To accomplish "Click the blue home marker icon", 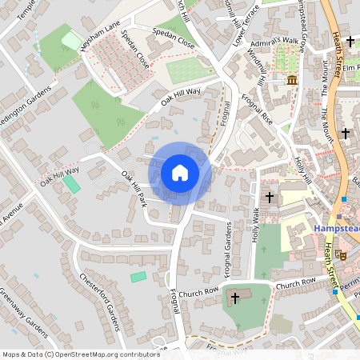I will pyautogui.click(x=180, y=172).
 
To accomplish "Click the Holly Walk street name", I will pyautogui.click(x=256, y=224).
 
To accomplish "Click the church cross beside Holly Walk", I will pyautogui.click(x=270, y=196).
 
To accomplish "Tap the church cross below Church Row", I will pyautogui.click(x=234, y=298).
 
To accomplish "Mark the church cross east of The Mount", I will pyautogui.click(x=345, y=132).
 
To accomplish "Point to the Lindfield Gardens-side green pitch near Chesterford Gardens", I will pyautogui.click(x=138, y=276).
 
